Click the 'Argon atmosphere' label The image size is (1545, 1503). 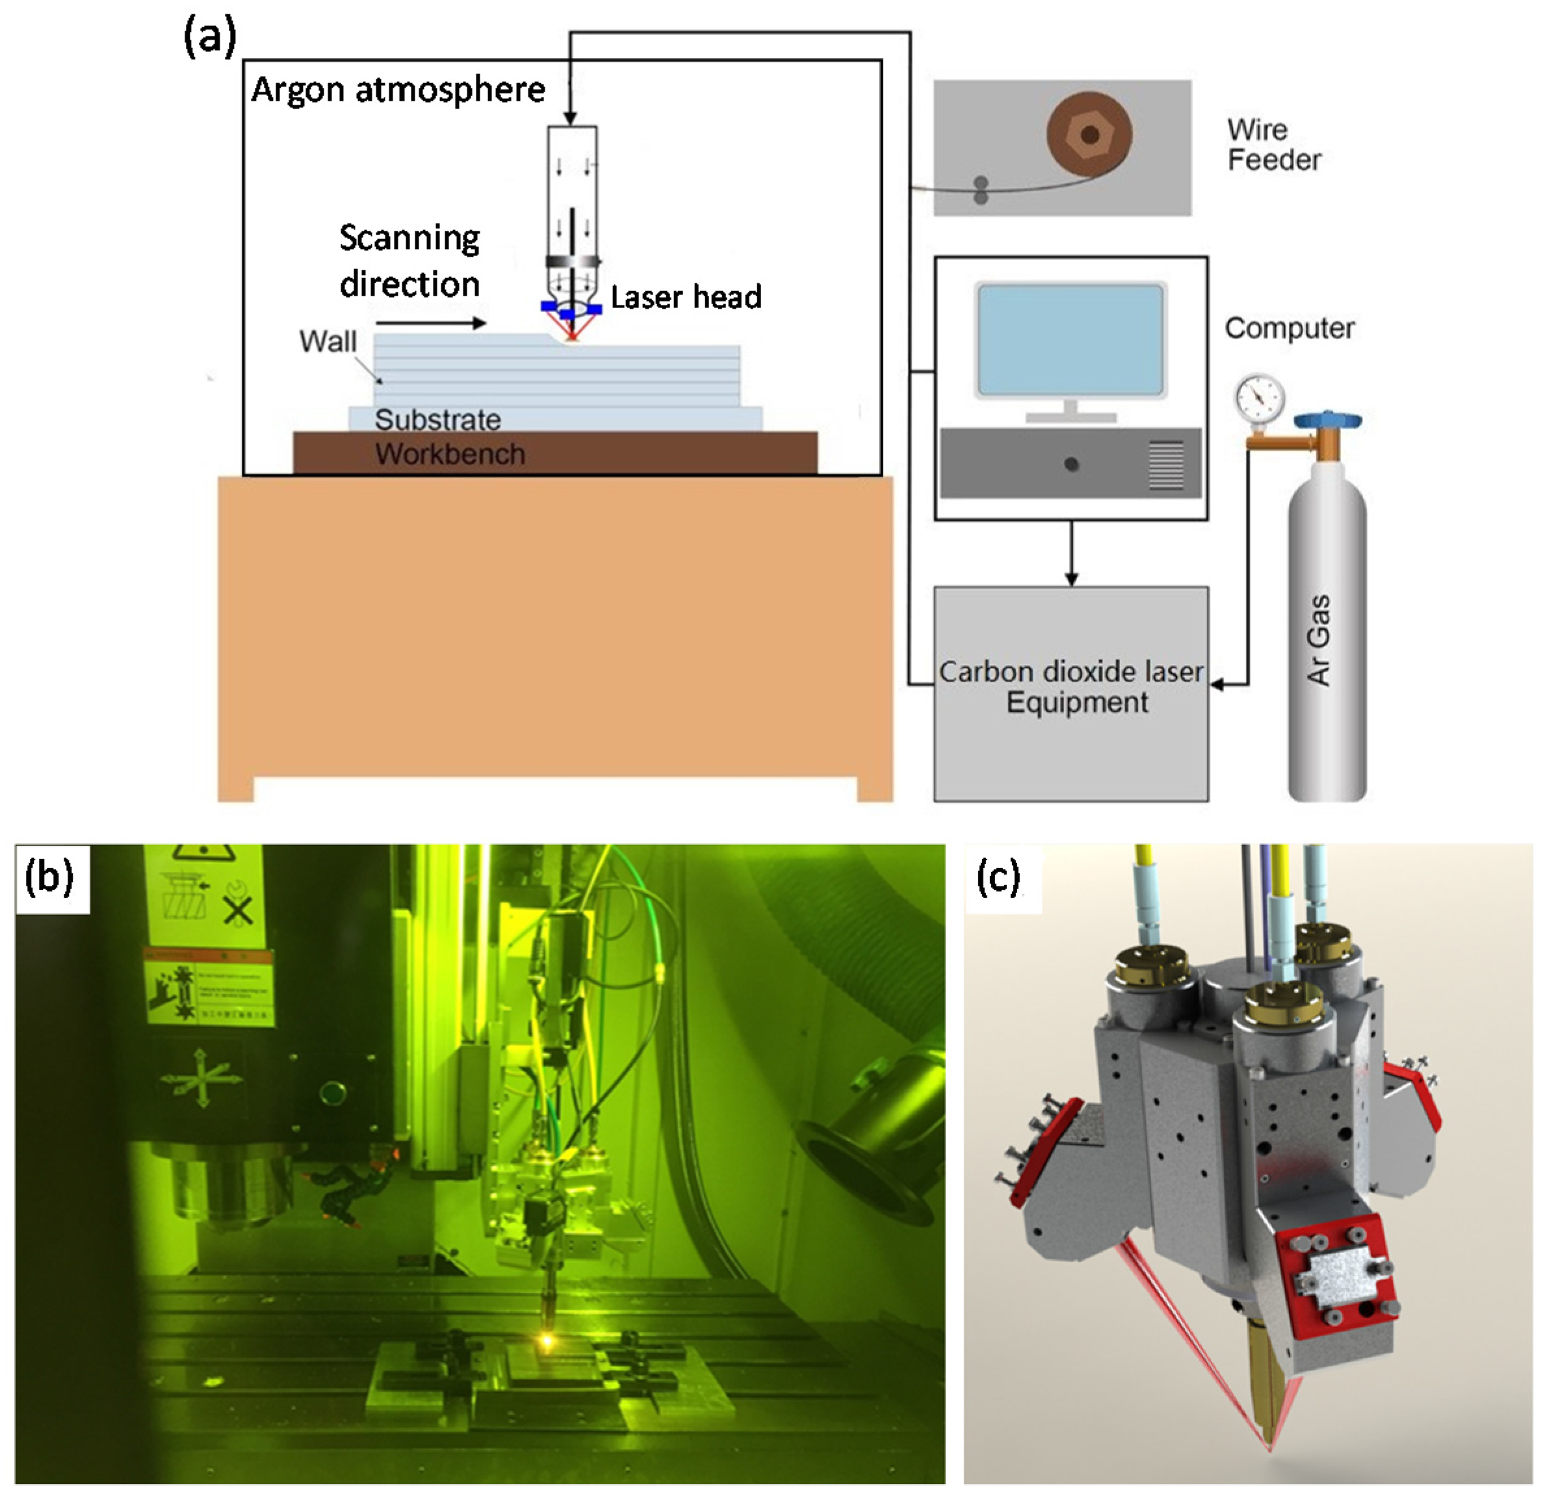[398, 90]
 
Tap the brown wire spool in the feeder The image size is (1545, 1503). [1089, 135]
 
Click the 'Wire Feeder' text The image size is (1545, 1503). [1273, 146]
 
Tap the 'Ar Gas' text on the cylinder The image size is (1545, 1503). [1318, 639]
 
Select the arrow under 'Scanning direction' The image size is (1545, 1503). [430, 323]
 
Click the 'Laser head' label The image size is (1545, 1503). [685, 297]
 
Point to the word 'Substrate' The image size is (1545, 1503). [437, 420]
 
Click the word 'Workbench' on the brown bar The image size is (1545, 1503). [450, 454]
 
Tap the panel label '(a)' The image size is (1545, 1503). [209, 38]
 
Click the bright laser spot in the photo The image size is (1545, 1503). [545, 1340]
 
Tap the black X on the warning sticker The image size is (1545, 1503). [238, 912]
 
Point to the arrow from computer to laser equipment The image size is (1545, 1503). [1071, 552]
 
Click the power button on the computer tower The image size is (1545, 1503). [1071, 464]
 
